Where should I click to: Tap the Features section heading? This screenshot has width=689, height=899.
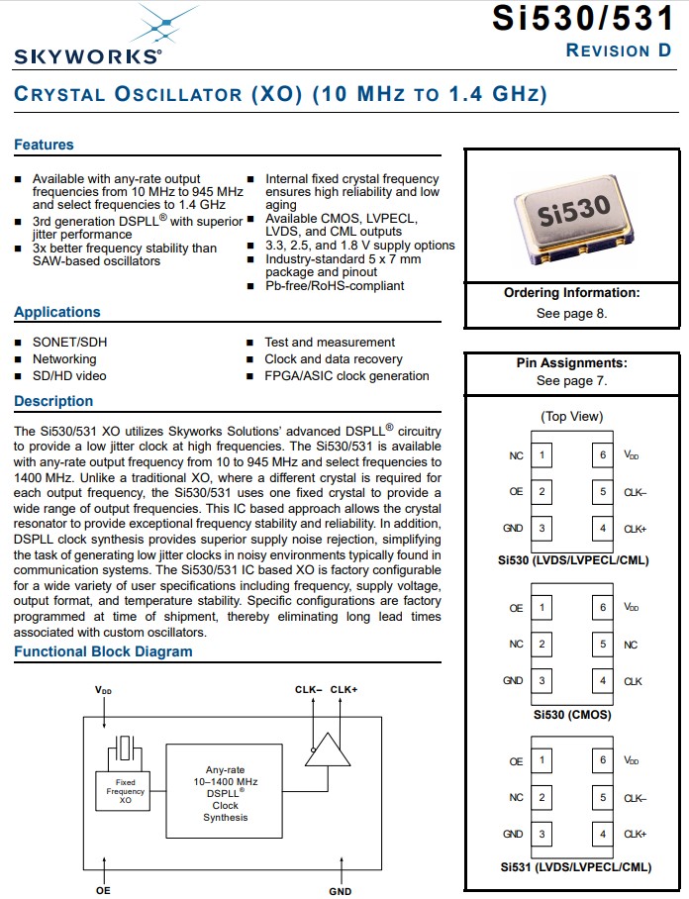(44, 145)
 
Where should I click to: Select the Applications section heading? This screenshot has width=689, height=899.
(57, 312)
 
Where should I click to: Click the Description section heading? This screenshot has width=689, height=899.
(53, 401)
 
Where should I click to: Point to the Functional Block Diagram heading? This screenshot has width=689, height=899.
(103, 651)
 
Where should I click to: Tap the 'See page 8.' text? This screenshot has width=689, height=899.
(571, 313)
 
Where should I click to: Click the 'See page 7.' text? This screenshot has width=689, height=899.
(571, 380)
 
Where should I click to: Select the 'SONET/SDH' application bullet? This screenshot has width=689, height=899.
(69, 343)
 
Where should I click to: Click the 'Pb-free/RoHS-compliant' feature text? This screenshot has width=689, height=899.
(335, 286)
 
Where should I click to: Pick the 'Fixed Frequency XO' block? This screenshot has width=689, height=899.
(126, 791)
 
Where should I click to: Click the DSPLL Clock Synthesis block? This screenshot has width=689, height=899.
(226, 793)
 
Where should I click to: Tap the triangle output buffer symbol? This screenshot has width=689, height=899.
(327, 750)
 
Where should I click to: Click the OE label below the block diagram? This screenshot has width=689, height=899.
(103, 890)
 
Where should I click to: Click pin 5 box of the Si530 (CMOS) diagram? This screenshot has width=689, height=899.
(603, 645)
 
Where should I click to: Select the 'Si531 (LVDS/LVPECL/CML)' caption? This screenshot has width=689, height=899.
(574, 867)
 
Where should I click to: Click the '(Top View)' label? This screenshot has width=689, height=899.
(571, 417)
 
